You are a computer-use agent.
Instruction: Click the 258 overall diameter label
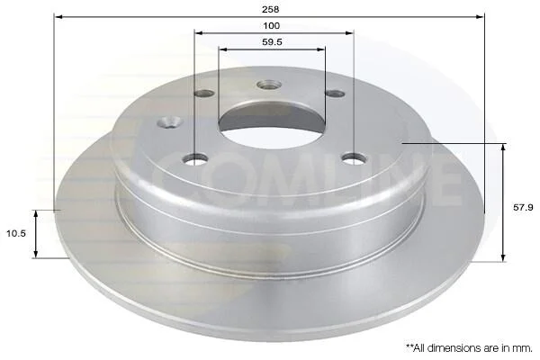(x=270, y=9)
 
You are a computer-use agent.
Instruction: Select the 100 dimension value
(x=272, y=25)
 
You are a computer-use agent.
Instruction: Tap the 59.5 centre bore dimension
(x=272, y=42)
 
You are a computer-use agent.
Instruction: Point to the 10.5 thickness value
(x=16, y=234)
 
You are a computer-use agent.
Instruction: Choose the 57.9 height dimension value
(x=523, y=207)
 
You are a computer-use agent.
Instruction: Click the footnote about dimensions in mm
(x=470, y=348)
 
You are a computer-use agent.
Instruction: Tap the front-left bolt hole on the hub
(x=195, y=158)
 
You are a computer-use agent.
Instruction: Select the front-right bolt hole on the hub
(x=354, y=158)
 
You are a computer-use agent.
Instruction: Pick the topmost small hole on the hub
(x=269, y=85)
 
